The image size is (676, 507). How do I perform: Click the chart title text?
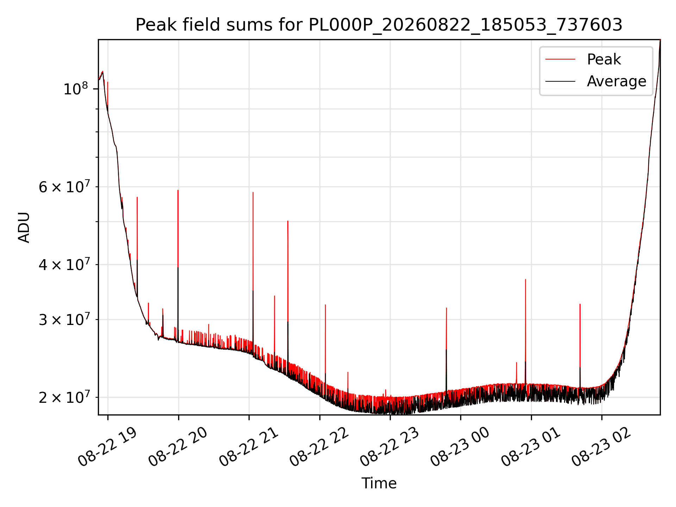pos(379,25)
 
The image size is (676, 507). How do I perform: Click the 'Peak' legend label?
pos(604,59)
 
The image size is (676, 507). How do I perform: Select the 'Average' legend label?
pos(616,81)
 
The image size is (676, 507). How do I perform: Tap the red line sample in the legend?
pos(560,59)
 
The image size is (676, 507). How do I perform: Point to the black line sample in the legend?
pos(560,81)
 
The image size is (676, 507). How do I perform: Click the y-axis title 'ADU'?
pos(24,227)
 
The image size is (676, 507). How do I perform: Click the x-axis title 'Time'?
pos(379,483)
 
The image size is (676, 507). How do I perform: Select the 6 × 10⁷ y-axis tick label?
pos(64,187)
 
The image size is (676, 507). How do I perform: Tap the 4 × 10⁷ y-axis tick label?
pos(64,264)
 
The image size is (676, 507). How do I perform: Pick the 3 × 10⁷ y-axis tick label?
pos(64,320)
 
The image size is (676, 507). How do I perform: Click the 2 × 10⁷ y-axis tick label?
pos(64,398)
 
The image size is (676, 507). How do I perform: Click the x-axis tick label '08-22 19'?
pos(107,447)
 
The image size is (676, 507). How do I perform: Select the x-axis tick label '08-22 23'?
pos(389,447)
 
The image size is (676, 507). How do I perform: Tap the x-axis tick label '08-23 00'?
pos(460,447)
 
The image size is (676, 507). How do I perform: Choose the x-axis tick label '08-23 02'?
pos(601,447)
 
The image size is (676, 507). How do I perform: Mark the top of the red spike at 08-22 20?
pos(178,190)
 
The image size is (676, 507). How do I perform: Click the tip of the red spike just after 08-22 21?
pos(253,192)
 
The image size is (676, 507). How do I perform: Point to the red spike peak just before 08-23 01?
pos(526,280)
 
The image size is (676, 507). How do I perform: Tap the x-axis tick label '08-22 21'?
pos(248,447)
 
